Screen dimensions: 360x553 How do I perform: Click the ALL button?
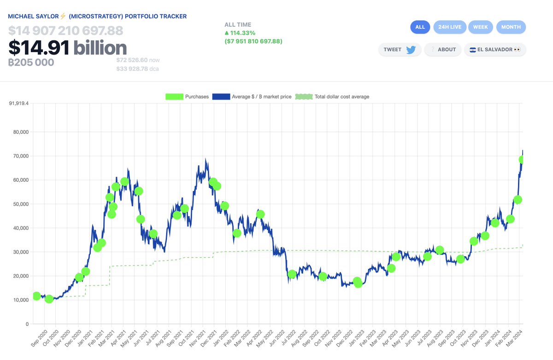click(420, 27)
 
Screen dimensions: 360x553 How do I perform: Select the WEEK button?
click(480, 27)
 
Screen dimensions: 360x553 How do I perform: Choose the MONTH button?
click(511, 27)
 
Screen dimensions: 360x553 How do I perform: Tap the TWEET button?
click(400, 50)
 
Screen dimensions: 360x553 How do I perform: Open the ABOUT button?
click(442, 50)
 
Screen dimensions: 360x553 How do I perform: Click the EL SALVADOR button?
click(494, 50)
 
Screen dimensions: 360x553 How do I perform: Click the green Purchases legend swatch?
click(175, 97)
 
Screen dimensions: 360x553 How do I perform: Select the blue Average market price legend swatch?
click(221, 97)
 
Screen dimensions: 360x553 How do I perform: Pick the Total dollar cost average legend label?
click(341, 97)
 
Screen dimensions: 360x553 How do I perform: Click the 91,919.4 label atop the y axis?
click(18, 103)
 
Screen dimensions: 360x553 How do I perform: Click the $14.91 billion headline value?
click(67, 48)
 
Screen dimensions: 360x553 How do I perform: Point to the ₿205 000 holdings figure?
click(31, 62)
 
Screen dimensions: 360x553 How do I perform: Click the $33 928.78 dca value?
click(131, 69)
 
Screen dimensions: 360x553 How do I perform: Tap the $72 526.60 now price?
click(131, 60)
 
